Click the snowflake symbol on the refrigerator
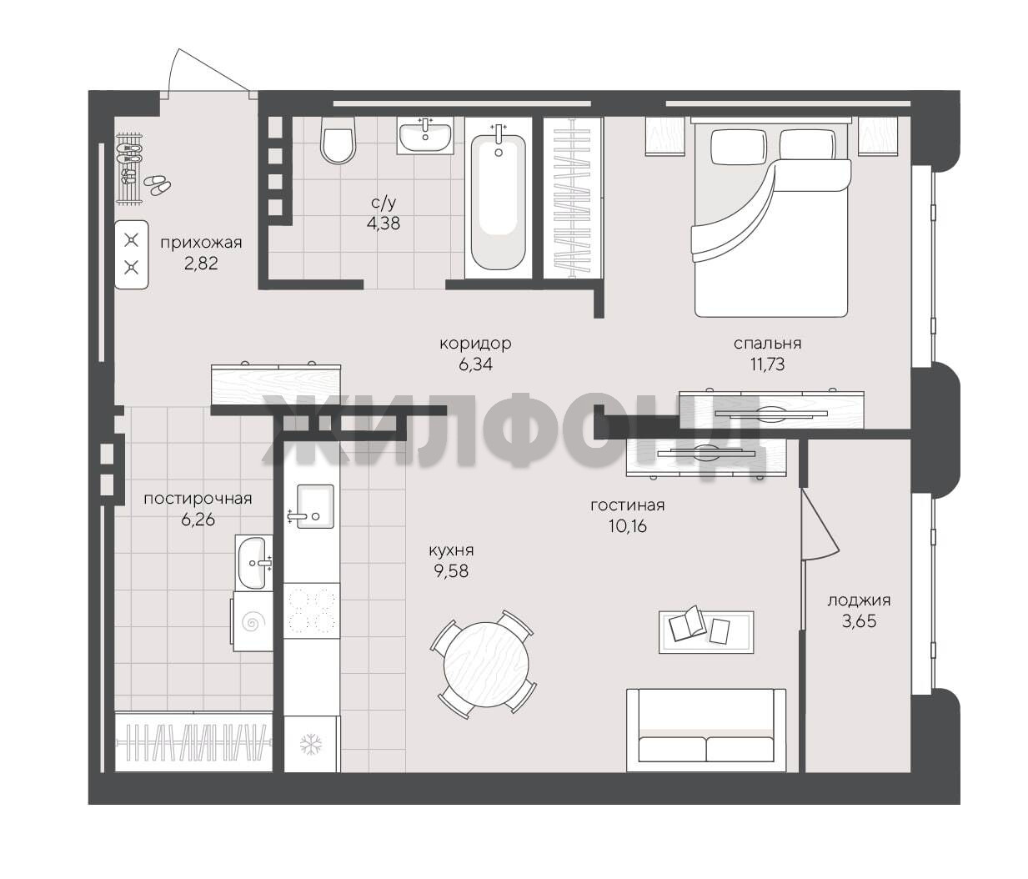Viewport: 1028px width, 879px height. pyautogui.click(x=311, y=744)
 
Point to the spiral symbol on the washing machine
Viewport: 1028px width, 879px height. pyautogui.click(x=253, y=622)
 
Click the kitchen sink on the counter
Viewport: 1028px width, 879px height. pyautogui.click(x=315, y=506)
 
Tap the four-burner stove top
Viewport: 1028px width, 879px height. pyautogui.click(x=311, y=610)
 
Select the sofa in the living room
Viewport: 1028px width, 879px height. pyautogui.click(x=705, y=731)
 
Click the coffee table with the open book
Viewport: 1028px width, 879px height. pyautogui.click(x=705, y=632)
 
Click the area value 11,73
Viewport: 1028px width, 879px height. pyautogui.click(x=767, y=364)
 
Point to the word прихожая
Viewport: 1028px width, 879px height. pyautogui.click(x=201, y=243)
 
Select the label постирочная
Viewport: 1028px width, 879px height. pyautogui.click(x=198, y=499)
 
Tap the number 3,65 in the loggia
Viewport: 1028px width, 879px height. pyautogui.click(x=859, y=621)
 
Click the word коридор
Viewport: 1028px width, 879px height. pyautogui.click(x=475, y=344)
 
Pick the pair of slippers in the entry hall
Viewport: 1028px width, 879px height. pyautogui.click(x=157, y=184)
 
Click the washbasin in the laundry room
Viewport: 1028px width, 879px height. pyautogui.click(x=254, y=564)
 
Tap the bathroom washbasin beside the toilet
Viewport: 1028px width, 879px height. pyautogui.click(x=425, y=135)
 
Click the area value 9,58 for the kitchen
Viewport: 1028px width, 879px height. pyautogui.click(x=451, y=571)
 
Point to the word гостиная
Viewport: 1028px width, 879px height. pyautogui.click(x=628, y=505)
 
